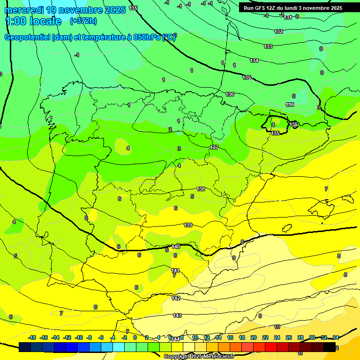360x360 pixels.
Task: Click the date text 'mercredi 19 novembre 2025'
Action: click(65, 9)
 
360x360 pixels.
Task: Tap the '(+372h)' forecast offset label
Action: click(83, 21)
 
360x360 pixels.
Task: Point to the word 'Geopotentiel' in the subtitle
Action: click(28, 37)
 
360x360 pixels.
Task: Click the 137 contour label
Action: click(214, 147)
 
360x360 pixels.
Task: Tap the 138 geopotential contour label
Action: click(201, 189)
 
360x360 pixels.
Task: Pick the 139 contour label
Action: click(188, 225)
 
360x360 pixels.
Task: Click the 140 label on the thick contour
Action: click(176, 247)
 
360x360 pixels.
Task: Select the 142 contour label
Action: click(176, 298)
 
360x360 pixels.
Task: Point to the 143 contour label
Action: click(177, 315)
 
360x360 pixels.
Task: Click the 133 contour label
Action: click(268, 46)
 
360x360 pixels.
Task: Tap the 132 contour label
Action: click(278, 31)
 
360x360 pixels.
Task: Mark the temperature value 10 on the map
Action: click(277, 327)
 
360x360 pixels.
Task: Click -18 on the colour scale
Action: click(32, 337)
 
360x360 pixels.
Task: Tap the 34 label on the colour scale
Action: click(335, 337)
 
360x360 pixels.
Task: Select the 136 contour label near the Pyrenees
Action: click(230, 94)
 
